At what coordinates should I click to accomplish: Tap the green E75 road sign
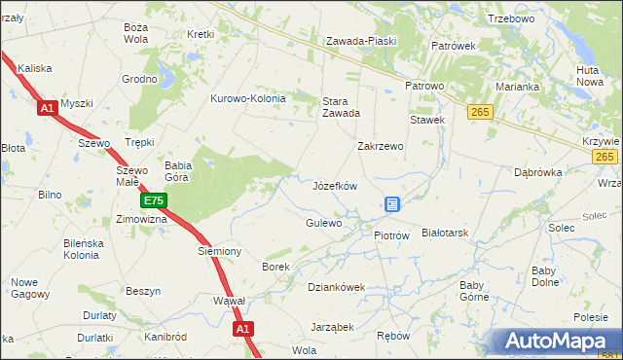coord(154,201)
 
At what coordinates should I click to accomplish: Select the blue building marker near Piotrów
coord(392,204)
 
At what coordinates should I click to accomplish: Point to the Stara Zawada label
coord(342,106)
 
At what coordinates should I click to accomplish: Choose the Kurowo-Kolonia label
coord(248,98)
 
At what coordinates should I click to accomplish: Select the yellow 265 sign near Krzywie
coord(605,158)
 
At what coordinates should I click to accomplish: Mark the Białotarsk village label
coord(446,234)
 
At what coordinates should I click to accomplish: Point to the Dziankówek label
coord(336,287)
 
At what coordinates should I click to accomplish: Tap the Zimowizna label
coord(141,220)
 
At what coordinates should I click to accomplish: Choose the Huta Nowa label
coord(590,76)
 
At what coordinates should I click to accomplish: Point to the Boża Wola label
coord(135,33)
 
